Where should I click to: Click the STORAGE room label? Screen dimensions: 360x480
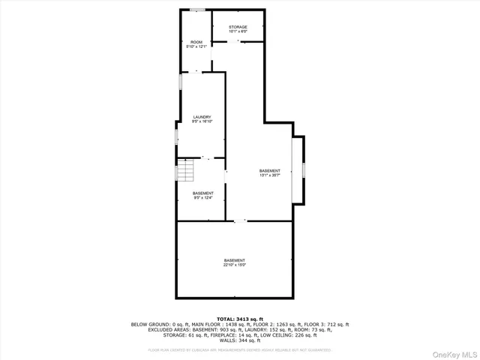coord(238,27)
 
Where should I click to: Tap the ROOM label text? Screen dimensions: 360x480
coord(196,42)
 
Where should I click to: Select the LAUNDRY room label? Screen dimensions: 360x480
coord(202,117)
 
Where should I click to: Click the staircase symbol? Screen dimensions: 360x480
coord(185,171)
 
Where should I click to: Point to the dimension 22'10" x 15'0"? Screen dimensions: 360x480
coord(234,265)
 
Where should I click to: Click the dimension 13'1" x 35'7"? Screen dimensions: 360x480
coord(269,175)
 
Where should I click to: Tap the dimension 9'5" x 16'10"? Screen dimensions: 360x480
coord(202,121)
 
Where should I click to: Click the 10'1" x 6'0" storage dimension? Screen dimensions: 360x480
coord(238,31)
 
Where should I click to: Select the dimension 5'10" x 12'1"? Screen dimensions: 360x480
coord(196,46)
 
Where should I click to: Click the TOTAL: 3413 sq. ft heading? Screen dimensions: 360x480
coord(240,319)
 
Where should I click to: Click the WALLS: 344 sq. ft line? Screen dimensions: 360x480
coord(240,341)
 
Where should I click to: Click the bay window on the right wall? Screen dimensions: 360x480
coord(303,169)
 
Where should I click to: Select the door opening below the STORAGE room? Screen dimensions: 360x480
coord(239,43)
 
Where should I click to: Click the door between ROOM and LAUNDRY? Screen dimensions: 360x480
coord(197,72)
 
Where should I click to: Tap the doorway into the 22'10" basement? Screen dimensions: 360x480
coord(240,220)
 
